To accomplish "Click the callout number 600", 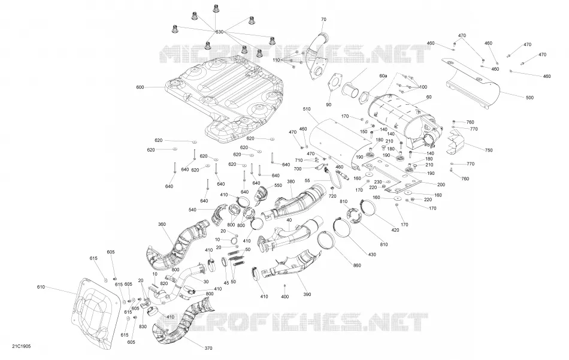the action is click(140, 87).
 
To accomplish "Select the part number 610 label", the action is click(41, 287).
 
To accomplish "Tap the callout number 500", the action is click(530, 98).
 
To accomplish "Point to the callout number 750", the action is click(489, 150).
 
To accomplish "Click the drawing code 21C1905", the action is click(22, 346).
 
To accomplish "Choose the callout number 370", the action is click(208, 349).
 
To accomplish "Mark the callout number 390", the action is click(307, 294).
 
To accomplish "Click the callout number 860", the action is click(357, 265).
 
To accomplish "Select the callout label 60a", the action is click(383, 76).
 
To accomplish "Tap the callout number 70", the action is click(323, 20).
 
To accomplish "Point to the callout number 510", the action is click(307, 109).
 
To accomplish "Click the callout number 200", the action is click(441, 184).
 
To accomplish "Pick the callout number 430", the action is click(372, 255).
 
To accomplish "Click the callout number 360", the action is click(162, 224).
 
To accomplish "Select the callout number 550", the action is click(278, 186).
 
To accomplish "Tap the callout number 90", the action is click(329, 105).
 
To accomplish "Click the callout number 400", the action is click(285, 297).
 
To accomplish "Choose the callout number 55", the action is click(307, 180).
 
